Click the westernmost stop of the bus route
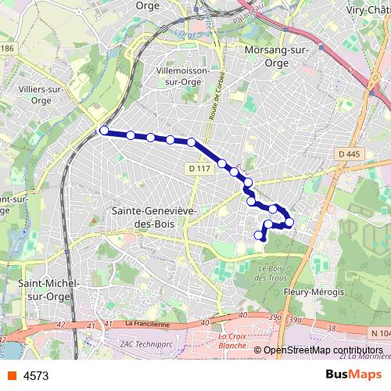pos(104,131)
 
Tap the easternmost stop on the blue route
pos(289,223)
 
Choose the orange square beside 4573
pos(11,376)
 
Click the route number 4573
pos(37,376)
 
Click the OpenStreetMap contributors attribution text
pos(322,350)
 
